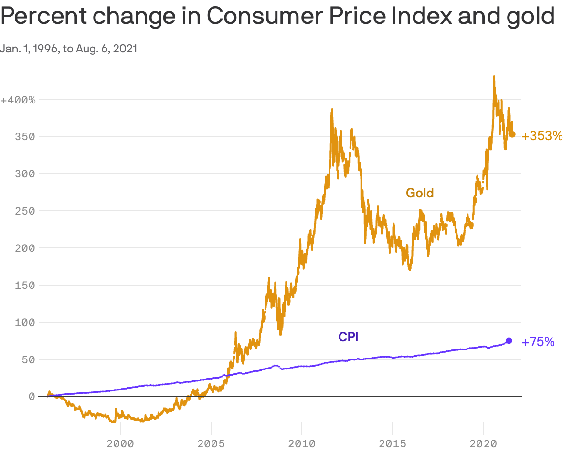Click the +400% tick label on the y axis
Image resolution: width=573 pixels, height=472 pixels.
tap(18, 100)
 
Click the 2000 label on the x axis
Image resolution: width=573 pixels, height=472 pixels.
tap(120, 444)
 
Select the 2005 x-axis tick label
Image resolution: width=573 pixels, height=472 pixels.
tap(211, 444)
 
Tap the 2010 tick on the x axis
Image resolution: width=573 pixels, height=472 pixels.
tap(302, 444)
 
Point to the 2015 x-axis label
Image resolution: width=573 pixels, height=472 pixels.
tap(393, 444)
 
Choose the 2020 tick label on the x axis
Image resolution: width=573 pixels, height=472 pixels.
tap(483, 444)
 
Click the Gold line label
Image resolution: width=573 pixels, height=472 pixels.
tap(420, 193)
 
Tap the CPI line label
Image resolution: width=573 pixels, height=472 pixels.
tap(348, 337)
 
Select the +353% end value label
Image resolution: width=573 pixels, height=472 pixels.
tap(542, 136)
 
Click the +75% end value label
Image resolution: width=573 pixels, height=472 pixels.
tap(538, 342)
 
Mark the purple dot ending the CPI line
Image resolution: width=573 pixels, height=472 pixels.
tap(509, 340)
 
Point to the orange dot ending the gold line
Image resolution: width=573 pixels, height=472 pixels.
tap(513, 134)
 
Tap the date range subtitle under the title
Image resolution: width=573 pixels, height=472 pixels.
tap(69, 49)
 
